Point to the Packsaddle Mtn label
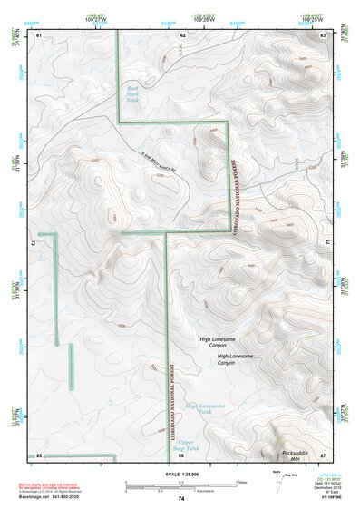click(295, 455)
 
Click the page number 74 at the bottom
click(181, 499)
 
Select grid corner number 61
click(38, 34)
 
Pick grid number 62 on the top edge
click(183, 34)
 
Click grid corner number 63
click(324, 34)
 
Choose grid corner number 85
click(39, 454)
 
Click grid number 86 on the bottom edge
click(183, 454)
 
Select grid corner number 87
click(324, 454)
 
